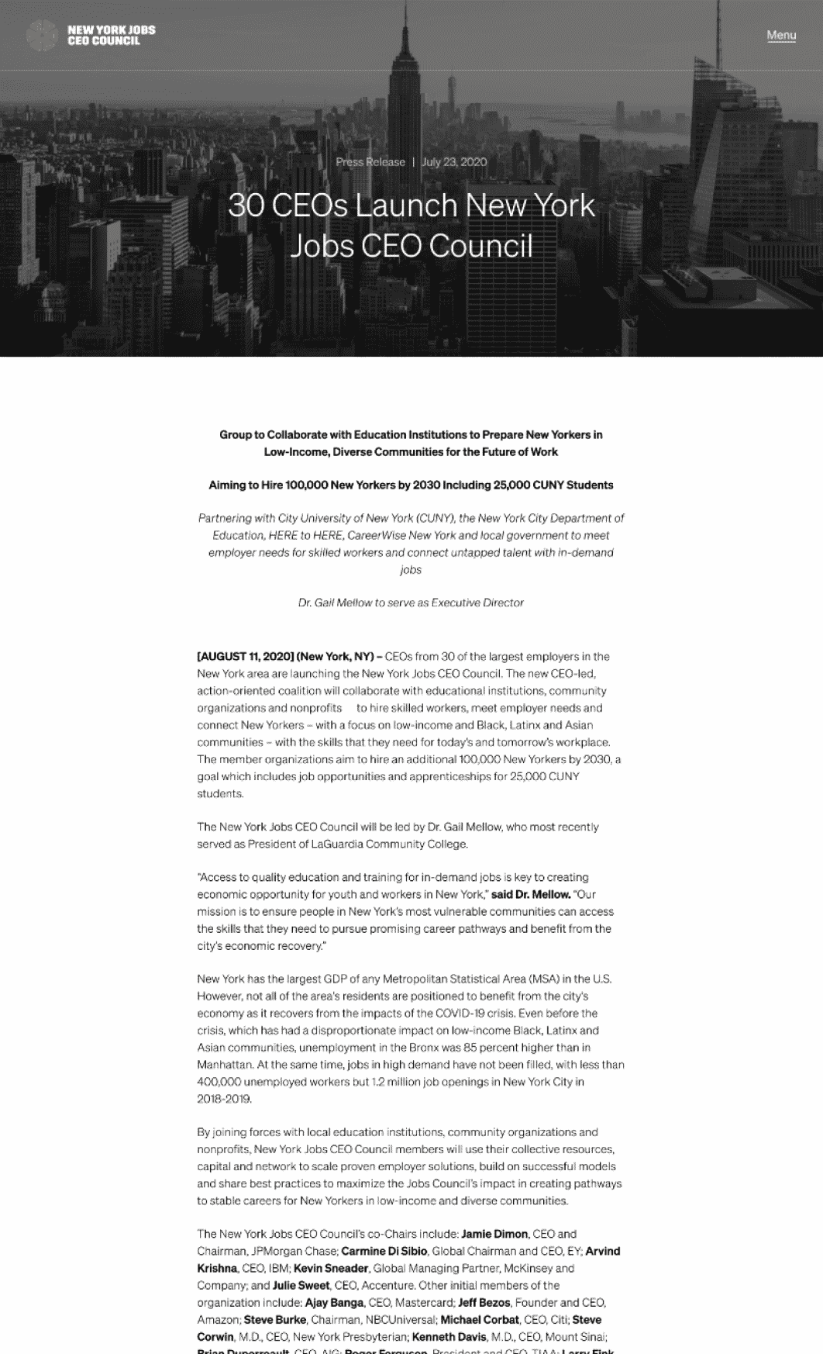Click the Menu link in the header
781,35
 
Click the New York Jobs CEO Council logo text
111,35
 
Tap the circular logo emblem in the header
42,35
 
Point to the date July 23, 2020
454,162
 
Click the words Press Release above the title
370,162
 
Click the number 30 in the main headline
246,206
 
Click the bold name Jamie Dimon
494,1234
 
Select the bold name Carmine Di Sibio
384,1251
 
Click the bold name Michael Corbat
480,1319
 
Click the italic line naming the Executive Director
411,603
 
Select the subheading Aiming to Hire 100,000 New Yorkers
411,485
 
